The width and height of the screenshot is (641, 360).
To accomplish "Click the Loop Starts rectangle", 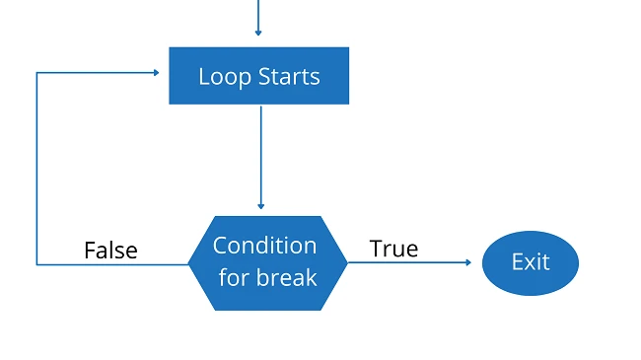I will [x=258, y=75].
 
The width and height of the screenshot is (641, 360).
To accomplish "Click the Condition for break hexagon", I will [x=267, y=262].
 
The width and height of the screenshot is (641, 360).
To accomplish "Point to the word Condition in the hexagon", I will [x=264, y=246].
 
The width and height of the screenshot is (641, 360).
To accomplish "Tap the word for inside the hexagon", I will [x=235, y=277].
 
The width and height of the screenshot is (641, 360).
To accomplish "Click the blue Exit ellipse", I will [x=530, y=262].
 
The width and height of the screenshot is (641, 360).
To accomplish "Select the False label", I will [x=110, y=251].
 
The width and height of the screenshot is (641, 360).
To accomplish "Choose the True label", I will [x=393, y=249].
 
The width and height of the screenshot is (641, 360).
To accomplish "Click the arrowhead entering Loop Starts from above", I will [x=258, y=33].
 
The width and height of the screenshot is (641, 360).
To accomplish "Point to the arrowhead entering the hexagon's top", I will [x=261, y=206].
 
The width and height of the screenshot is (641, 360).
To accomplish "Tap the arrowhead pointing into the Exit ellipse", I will [x=467, y=262].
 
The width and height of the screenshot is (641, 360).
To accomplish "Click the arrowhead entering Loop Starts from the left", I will [x=156, y=72].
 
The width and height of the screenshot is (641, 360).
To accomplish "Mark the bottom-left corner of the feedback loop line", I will [x=36, y=264].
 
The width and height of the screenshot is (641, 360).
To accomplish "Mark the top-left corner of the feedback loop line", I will [x=36, y=72].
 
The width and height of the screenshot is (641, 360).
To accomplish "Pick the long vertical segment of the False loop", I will [x=36, y=168].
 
